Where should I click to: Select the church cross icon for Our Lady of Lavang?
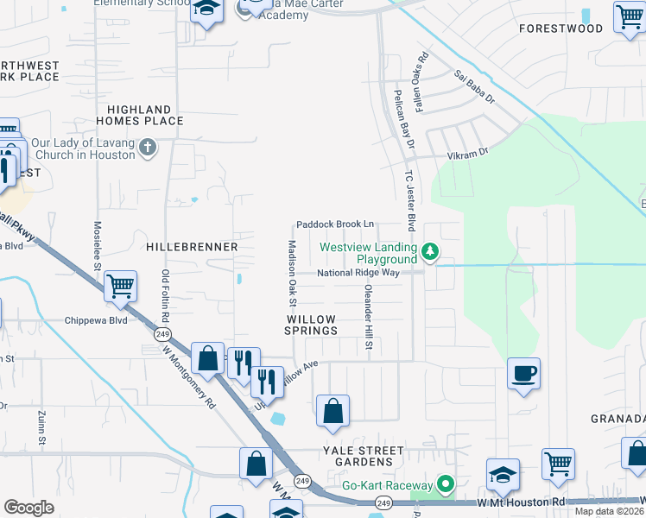[148, 147]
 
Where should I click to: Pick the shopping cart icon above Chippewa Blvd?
[120, 285]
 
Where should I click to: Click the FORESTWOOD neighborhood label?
[560, 28]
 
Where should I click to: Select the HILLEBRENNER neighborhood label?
[192, 247]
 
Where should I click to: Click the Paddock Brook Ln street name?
[335, 224]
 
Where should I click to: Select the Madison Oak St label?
[291, 273]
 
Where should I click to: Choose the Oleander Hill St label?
[368, 317]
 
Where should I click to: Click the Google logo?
[28, 508]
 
